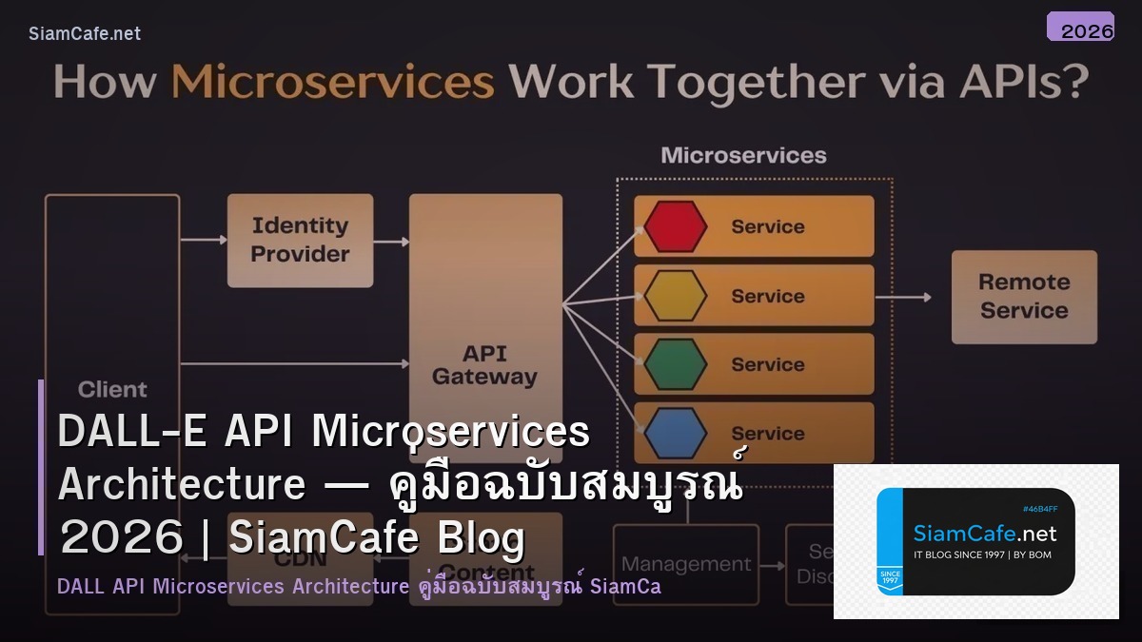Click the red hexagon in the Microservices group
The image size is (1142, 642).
point(675,226)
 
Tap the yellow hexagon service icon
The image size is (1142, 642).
point(675,296)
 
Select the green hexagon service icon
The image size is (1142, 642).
point(675,364)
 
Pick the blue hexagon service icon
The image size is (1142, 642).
point(675,434)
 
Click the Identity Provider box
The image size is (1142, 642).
point(300,240)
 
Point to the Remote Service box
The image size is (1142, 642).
point(1024,296)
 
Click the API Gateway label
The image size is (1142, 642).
point(484,365)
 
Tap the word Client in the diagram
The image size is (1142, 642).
point(112,389)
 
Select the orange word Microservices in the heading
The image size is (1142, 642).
point(332,83)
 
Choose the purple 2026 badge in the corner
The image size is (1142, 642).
point(1080,27)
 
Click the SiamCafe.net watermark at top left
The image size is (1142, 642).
point(85,33)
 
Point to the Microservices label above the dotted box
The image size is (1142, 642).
point(743,155)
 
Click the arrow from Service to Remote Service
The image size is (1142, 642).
point(902,297)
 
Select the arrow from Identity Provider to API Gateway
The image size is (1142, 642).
point(391,242)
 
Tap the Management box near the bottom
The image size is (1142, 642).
point(685,564)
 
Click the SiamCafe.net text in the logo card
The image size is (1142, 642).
point(985,534)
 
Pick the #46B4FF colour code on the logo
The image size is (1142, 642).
point(1039,509)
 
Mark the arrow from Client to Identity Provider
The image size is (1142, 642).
point(203,240)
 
